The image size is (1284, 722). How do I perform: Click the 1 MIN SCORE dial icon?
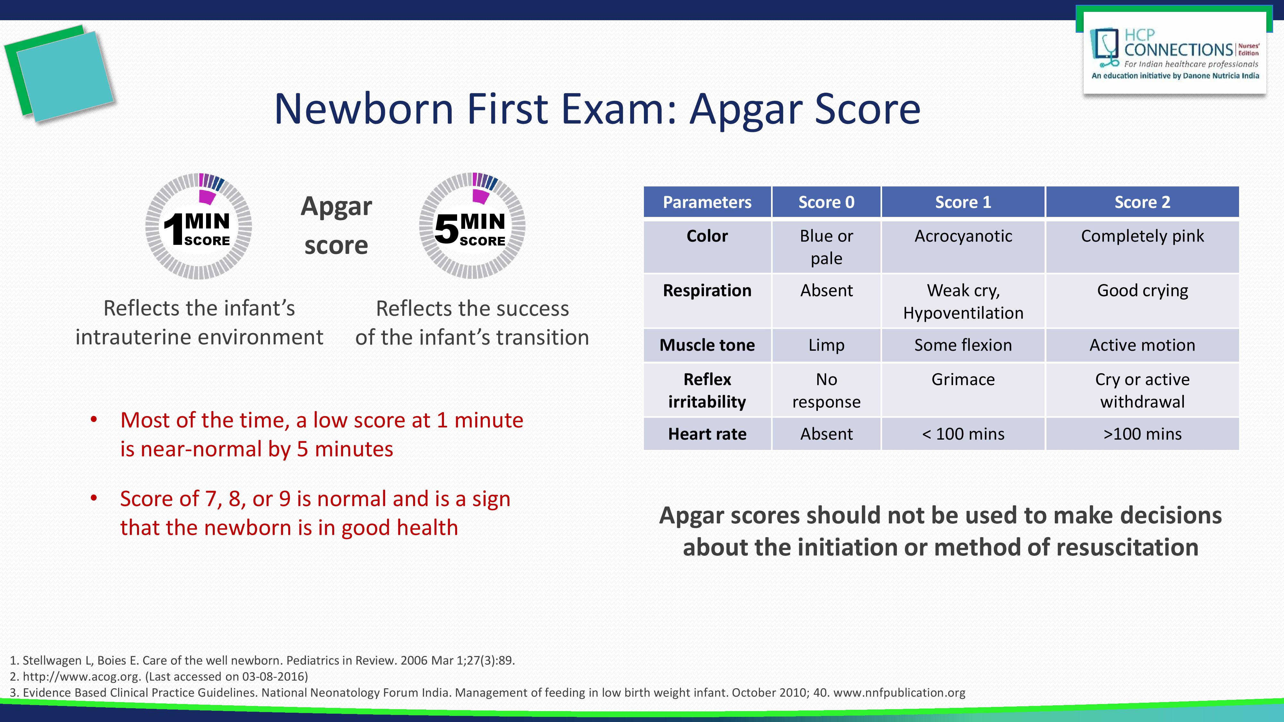[198, 226]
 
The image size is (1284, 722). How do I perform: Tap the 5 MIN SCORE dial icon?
[472, 226]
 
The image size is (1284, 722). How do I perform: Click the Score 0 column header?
[827, 202]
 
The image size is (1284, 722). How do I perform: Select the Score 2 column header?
[1142, 202]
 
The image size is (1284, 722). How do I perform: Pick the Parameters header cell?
[707, 202]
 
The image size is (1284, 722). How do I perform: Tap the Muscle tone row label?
[707, 345]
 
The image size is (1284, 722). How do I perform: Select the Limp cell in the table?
[827, 345]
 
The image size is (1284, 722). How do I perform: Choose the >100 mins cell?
[1142, 434]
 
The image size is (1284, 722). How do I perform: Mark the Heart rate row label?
[707, 434]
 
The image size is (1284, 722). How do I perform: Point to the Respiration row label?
[707, 290]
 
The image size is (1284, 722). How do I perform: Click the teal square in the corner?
[65, 76]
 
